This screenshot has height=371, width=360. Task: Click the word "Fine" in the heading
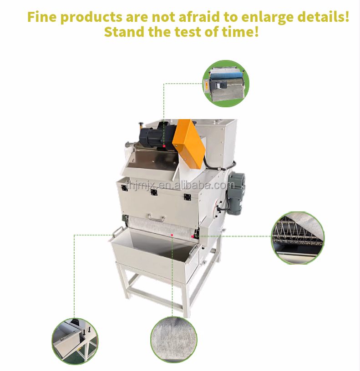coord(42,17)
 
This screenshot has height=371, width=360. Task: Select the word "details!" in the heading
coord(323,16)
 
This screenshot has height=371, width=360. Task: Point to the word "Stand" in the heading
coord(124,32)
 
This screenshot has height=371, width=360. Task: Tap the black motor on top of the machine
coord(157,135)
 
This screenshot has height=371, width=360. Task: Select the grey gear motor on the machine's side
coord(235,193)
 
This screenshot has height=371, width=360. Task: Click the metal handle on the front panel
coord(157,218)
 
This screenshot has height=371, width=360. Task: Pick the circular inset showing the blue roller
coord(226,83)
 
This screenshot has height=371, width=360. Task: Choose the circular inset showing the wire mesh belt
coord(298,238)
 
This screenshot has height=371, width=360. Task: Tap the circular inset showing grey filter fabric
coord(173,340)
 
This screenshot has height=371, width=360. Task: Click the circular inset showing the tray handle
coord(75,341)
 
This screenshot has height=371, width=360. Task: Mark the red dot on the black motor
coord(164,146)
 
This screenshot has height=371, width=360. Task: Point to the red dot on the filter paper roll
coord(172,235)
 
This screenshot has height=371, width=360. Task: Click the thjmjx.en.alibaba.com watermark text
coord(181,185)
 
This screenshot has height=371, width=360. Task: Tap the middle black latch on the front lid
coord(154,192)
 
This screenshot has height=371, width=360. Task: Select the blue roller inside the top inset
coord(226,76)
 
